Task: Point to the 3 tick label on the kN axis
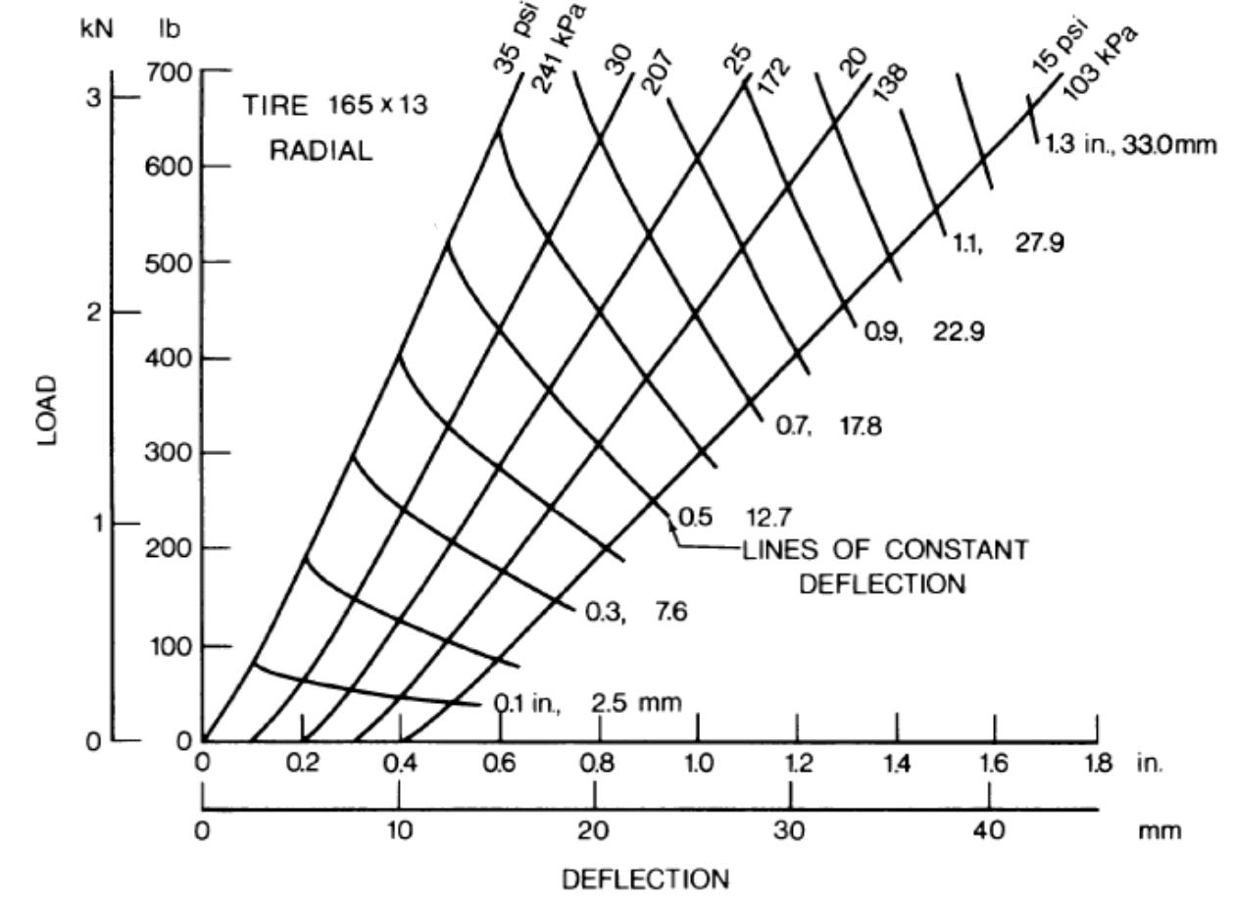(x=93, y=98)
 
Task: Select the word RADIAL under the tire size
(x=321, y=152)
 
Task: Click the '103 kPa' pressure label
(x=1101, y=57)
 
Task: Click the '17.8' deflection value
(x=861, y=426)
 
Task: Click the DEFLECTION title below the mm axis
(x=645, y=878)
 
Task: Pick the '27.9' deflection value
(x=1038, y=243)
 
